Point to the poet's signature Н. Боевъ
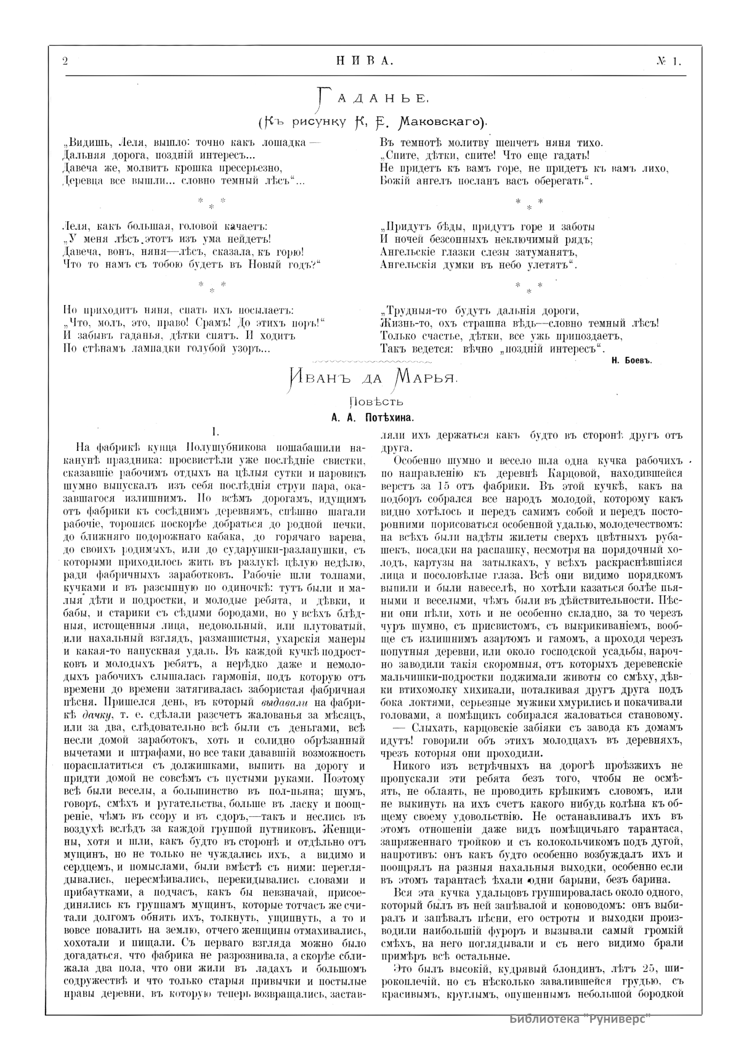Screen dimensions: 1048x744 coord(633,360)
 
